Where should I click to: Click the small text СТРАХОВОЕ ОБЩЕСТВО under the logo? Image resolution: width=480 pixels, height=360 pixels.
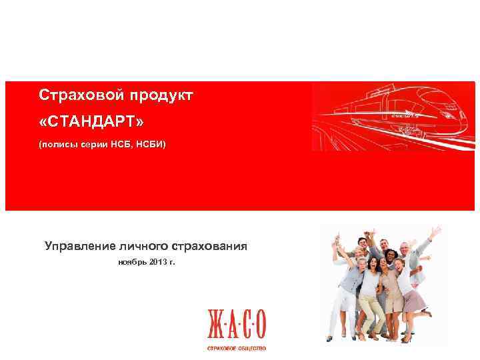click(237, 349)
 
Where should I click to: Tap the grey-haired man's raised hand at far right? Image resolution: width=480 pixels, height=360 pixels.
click(435, 231)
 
